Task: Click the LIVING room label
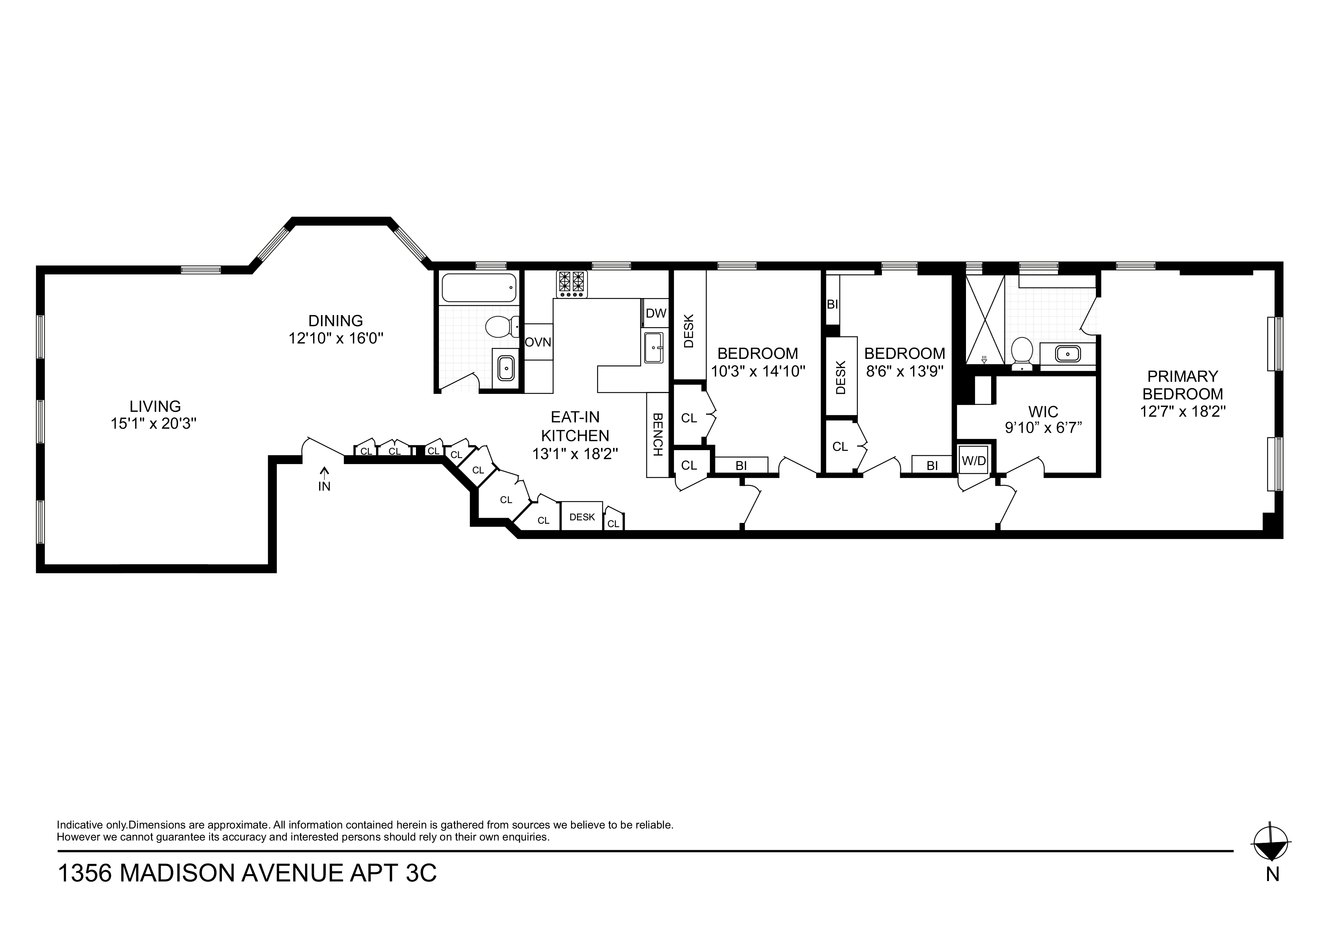(155, 406)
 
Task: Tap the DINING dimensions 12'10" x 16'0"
(336, 339)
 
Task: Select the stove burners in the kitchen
(572, 284)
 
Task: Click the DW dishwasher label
(655, 313)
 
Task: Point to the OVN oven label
(538, 342)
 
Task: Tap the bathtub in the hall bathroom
(478, 288)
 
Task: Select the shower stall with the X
(985, 319)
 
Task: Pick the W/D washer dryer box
(973, 460)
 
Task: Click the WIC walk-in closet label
(1043, 411)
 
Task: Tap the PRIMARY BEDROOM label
(1182, 385)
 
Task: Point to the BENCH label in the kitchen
(657, 434)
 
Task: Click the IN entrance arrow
(325, 479)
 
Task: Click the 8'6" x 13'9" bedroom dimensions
(904, 372)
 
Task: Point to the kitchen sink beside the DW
(654, 348)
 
